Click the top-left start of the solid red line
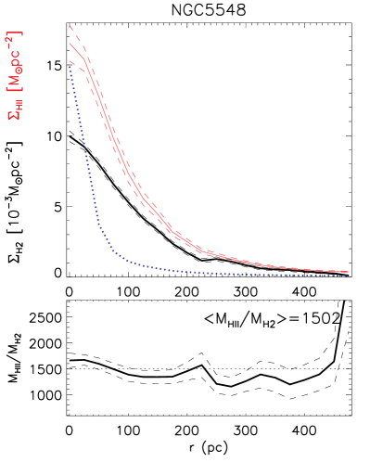coord(70,43)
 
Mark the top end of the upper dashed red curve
coord(70,26)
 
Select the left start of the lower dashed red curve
coord(70,61)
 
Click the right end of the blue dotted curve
coord(348,276)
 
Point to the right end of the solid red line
coord(349,272)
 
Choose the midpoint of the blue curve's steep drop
coord(88,158)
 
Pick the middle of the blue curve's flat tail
coord(232,274)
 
